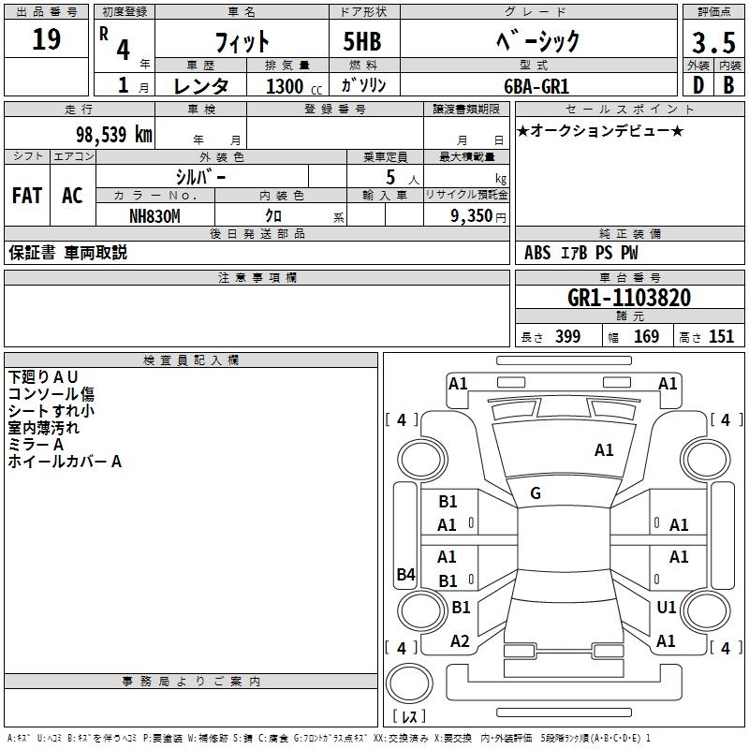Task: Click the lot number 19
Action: (x=47, y=40)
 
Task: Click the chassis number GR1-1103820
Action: (x=629, y=298)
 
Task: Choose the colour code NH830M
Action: (x=154, y=215)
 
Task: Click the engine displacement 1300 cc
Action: (x=291, y=86)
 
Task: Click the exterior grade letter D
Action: (x=697, y=85)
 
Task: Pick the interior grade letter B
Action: (x=728, y=85)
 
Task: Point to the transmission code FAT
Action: (x=26, y=196)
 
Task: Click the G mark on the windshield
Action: (x=536, y=493)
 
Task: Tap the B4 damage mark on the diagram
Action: (x=405, y=575)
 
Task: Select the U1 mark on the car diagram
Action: (x=667, y=608)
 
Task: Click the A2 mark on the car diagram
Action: (x=460, y=641)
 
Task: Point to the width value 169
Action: (x=647, y=336)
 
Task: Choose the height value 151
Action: (x=721, y=336)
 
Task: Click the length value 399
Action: (x=567, y=336)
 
